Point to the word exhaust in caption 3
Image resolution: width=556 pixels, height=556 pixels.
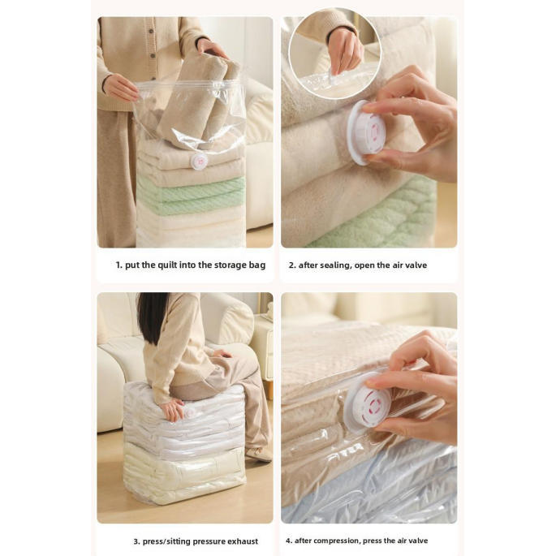(x=243, y=541)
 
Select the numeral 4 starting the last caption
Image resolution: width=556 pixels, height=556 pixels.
(x=288, y=541)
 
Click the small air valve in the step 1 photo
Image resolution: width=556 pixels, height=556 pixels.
(x=199, y=162)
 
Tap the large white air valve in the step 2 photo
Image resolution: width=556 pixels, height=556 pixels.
(x=362, y=132)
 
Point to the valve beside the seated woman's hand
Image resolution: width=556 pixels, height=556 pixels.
(x=189, y=413)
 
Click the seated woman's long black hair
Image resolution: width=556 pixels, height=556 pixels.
(x=153, y=317)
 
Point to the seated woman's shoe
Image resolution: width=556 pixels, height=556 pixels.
(x=258, y=454)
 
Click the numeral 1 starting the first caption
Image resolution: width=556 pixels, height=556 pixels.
(x=119, y=265)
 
